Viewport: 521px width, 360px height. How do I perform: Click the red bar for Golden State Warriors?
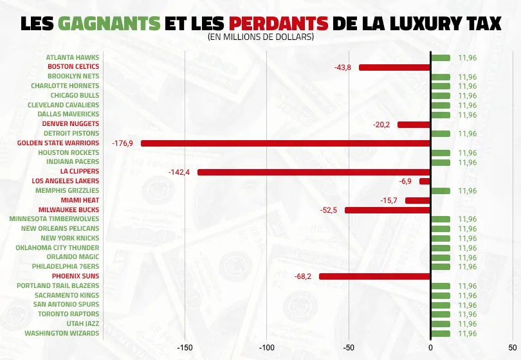(x=285, y=143)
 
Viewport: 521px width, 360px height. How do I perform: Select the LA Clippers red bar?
(x=313, y=172)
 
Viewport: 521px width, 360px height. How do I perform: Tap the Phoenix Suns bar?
(x=374, y=276)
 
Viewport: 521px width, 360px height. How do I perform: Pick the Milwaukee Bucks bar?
(x=387, y=210)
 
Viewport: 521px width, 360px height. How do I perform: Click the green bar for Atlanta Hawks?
(x=440, y=58)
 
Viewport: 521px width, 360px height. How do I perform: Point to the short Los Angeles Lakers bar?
(x=425, y=181)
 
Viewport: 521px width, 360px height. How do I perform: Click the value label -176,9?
(x=122, y=143)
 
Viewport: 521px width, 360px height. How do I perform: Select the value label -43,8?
(x=343, y=67)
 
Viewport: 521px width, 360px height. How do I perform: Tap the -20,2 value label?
(x=381, y=125)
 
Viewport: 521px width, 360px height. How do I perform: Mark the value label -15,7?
(x=388, y=201)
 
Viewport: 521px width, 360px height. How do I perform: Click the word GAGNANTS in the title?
(x=109, y=23)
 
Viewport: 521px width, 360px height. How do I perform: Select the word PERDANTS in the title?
(x=279, y=23)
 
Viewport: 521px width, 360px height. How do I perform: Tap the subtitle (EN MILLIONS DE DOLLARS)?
(x=260, y=37)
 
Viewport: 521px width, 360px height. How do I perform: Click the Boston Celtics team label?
(x=73, y=67)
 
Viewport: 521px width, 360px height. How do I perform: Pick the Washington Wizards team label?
(x=62, y=334)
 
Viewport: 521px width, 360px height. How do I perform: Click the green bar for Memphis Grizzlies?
(x=440, y=191)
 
